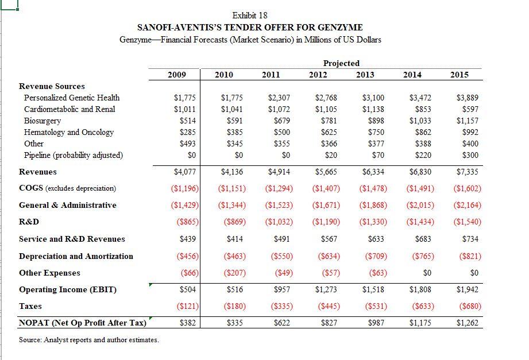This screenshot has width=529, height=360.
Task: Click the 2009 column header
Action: tap(177, 75)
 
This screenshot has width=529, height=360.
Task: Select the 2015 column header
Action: tap(460, 75)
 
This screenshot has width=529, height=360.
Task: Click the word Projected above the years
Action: tap(341, 63)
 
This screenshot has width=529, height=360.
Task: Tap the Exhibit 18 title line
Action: tap(250, 15)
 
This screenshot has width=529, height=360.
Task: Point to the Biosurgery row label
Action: tap(42, 121)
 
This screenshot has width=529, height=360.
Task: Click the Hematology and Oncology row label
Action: tap(68, 132)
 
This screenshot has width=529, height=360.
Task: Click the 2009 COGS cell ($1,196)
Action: tap(184, 188)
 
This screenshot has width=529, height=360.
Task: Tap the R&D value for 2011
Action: tap(279, 222)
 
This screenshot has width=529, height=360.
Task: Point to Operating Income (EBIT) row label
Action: tap(67, 289)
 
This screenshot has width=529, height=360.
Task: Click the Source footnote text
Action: tap(89, 340)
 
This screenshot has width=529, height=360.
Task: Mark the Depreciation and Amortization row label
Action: tap(76, 256)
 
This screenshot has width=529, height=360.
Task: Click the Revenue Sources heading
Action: tap(52, 86)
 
